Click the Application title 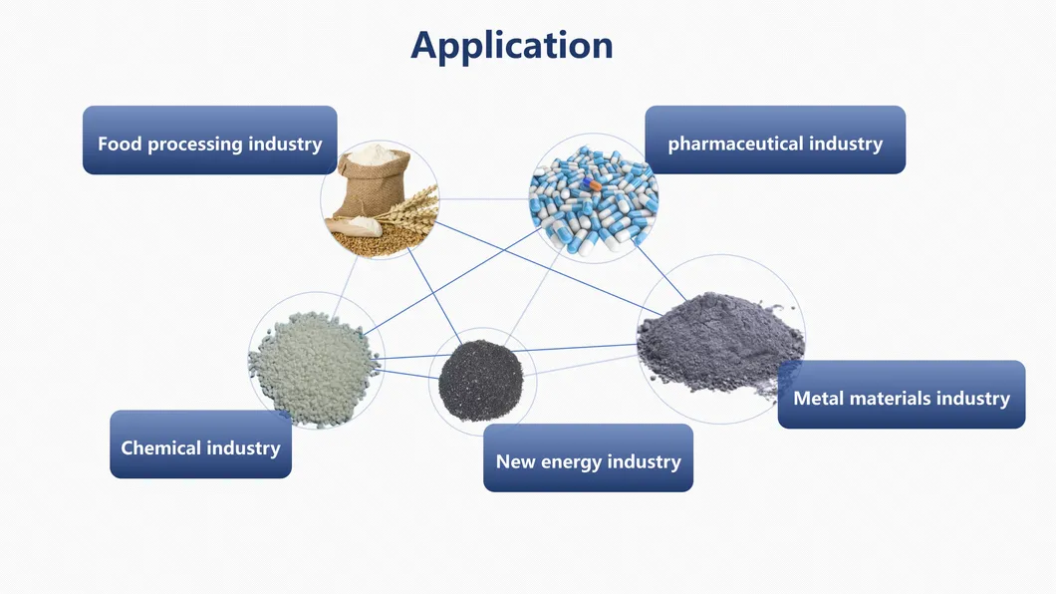click(x=511, y=46)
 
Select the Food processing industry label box click(x=209, y=141)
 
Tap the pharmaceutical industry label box click(x=775, y=141)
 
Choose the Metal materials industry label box click(x=901, y=396)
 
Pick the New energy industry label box click(x=588, y=458)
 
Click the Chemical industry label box click(x=200, y=445)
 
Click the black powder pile click(x=480, y=377)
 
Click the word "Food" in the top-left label click(x=120, y=144)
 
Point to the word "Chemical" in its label click(x=160, y=447)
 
